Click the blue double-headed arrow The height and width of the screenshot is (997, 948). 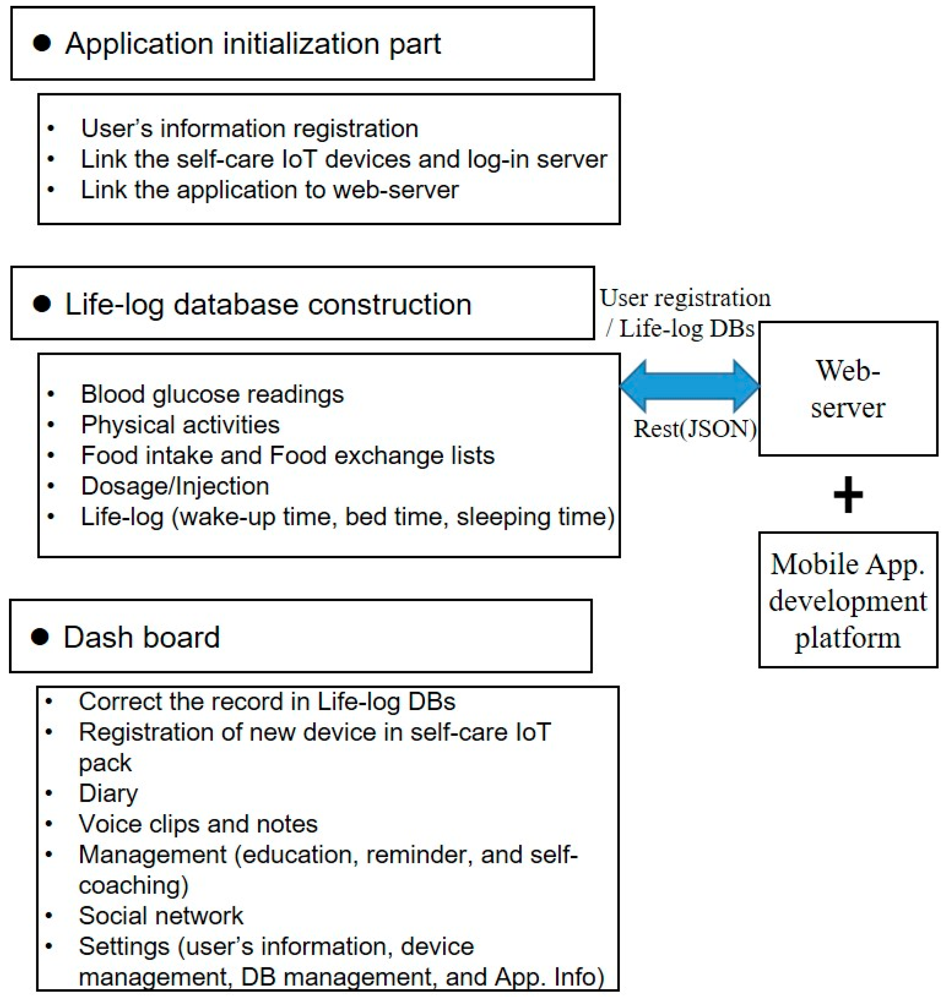[x=690, y=386]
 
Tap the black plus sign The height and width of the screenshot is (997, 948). [x=848, y=494]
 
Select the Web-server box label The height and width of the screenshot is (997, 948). [x=848, y=388]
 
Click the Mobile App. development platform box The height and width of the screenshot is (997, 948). [x=848, y=600]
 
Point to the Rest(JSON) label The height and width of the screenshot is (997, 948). [x=695, y=429]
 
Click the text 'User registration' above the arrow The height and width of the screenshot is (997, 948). [x=685, y=298]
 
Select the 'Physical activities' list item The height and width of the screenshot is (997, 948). [x=180, y=425]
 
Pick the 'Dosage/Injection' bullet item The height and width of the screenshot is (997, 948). [x=175, y=486]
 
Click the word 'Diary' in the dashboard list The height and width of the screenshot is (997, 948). [x=108, y=793]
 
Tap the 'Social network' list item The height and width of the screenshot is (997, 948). [x=161, y=916]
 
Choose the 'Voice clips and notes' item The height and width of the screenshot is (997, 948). [x=198, y=824]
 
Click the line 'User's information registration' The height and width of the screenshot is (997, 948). [x=250, y=128]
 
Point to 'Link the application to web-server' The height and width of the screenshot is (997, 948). [x=269, y=190]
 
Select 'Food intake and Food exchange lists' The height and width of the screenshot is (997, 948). [x=288, y=455]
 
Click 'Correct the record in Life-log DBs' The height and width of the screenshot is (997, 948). [x=267, y=701]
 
